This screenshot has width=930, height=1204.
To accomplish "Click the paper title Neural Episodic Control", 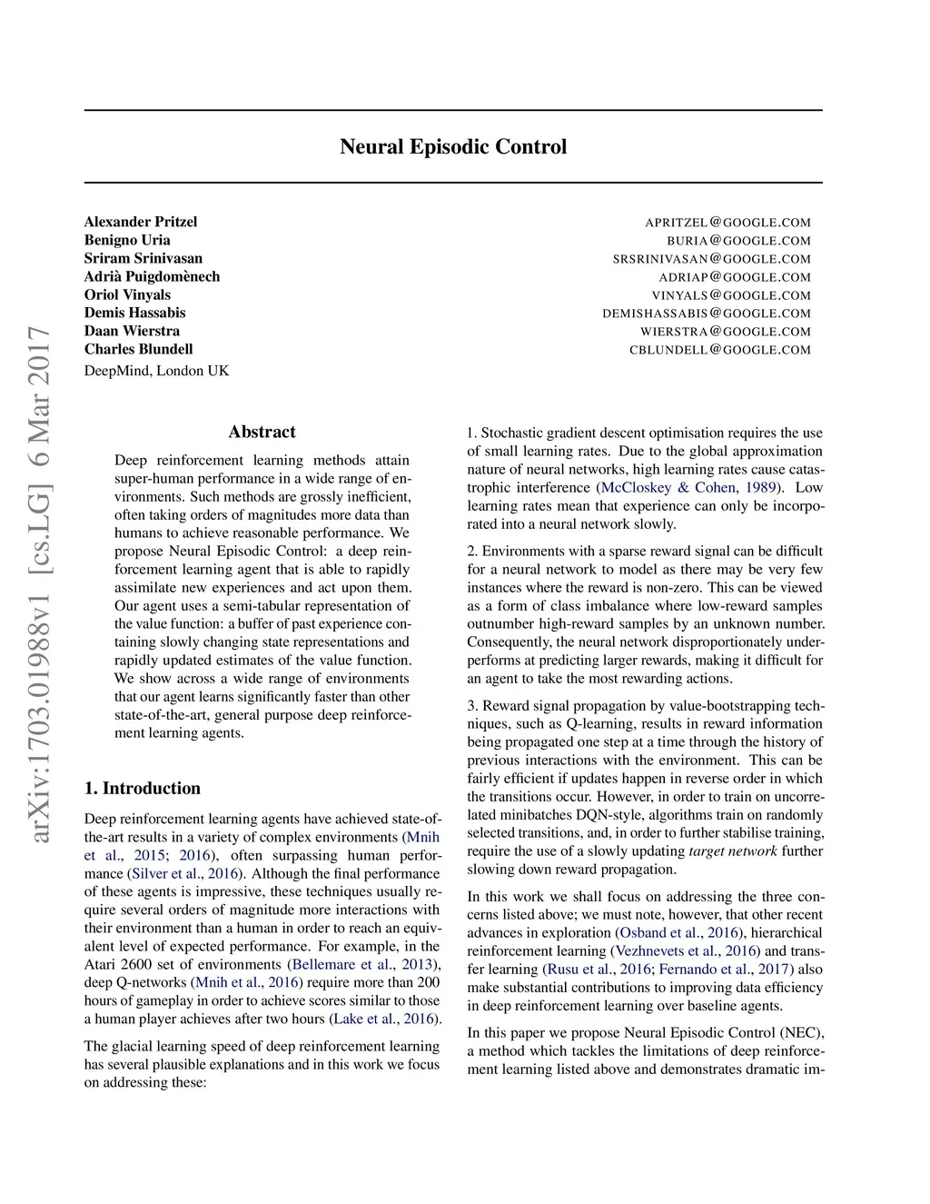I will tap(453, 147).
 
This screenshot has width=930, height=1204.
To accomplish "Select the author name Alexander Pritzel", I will tap(141, 222).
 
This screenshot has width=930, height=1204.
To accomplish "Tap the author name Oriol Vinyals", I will tap(127, 294).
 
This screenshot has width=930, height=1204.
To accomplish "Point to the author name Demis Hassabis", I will tap(134, 313).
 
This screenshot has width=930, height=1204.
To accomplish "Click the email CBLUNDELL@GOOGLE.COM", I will tap(719, 350).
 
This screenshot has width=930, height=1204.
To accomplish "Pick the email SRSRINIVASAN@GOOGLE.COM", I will tap(711, 259).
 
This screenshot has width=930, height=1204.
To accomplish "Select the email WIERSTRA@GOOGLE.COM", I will tap(725, 332).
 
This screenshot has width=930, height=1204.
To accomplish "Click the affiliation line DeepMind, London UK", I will tap(156, 371).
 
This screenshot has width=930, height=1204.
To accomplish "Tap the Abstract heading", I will tap(262, 432).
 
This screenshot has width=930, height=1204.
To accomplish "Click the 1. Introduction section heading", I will tap(143, 788).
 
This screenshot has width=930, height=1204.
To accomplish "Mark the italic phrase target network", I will tap(733, 851).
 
